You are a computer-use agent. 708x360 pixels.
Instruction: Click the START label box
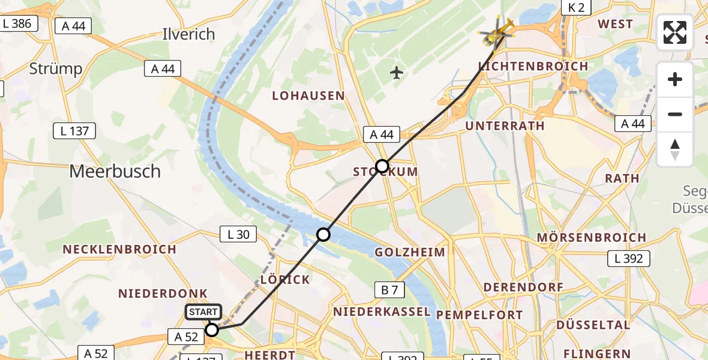tap(203, 312)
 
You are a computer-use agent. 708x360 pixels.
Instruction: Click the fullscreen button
tap(675, 32)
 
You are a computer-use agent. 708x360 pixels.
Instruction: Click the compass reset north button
tap(675, 149)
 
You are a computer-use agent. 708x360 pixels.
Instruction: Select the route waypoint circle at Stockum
tap(382, 166)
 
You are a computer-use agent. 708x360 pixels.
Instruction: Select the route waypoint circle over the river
tap(323, 235)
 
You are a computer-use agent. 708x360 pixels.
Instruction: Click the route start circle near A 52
tap(212, 329)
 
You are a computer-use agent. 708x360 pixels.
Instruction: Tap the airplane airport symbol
tap(396, 73)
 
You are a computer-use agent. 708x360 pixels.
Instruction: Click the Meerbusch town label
tap(115, 172)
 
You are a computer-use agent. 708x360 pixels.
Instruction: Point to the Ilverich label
tap(188, 34)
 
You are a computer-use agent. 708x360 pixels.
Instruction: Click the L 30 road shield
tap(238, 234)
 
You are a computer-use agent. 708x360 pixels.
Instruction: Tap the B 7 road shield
tap(390, 290)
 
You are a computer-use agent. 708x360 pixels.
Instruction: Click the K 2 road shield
tap(576, 7)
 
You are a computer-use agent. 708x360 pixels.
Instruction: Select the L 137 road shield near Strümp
tap(74, 130)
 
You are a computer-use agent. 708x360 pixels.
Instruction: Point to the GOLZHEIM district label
tap(410, 252)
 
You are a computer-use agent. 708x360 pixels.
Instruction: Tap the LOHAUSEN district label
tap(308, 96)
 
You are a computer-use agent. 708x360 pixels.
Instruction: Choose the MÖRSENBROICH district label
tap(591, 238)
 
